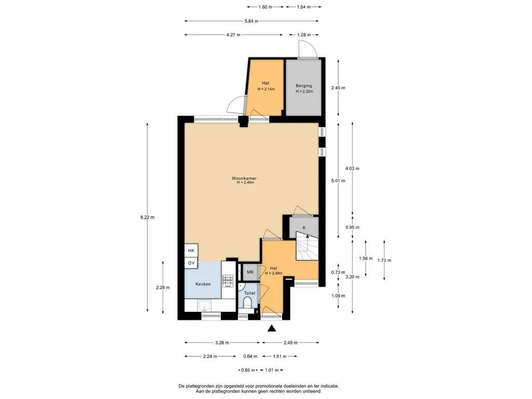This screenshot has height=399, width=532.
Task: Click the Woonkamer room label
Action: pyautogui.click(x=244, y=178)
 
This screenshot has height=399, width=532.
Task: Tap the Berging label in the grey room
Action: pyautogui.click(x=303, y=86)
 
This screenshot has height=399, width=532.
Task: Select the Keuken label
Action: pyautogui.click(x=203, y=284)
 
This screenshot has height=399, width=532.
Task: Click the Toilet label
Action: pyautogui.click(x=249, y=293)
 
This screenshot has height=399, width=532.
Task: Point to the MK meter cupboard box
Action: pyautogui.click(x=250, y=272)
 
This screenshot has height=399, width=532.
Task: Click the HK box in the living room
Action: pyautogui.click(x=191, y=250)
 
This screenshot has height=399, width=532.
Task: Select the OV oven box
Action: pyautogui.click(x=191, y=263)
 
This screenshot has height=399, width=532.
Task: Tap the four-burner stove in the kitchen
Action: pyautogui.click(x=228, y=281)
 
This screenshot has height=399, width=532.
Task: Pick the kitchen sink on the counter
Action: pyautogui.click(x=204, y=305)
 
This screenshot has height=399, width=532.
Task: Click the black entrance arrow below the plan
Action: pyautogui.click(x=271, y=328)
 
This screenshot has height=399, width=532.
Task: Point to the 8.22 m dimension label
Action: pyautogui.click(x=147, y=217)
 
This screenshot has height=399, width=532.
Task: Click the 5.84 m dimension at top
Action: pyautogui.click(x=251, y=21)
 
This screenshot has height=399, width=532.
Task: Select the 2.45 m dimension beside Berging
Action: pyautogui.click(x=338, y=88)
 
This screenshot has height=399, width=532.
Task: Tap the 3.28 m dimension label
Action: pyautogui.click(x=222, y=343)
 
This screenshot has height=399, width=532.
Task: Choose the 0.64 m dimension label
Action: pyautogui.click(x=250, y=356)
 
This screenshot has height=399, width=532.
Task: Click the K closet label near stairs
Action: pyautogui.click(x=304, y=228)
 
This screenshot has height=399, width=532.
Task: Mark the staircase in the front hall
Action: pyautogui.click(x=307, y=246)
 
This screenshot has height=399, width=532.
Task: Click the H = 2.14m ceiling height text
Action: pyautogui.click(x=266, y=89)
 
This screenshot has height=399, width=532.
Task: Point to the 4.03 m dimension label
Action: pyautogui.click(x=352, y=168)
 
